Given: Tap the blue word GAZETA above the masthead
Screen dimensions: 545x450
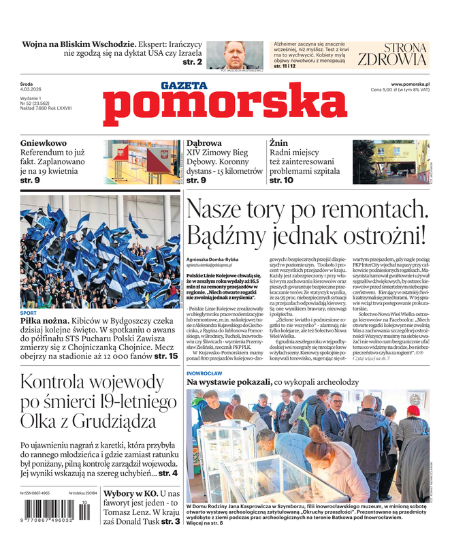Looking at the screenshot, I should (183, 86).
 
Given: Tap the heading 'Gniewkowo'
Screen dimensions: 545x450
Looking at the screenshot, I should (44, 144).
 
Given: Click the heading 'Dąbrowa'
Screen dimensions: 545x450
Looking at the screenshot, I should (204, 144).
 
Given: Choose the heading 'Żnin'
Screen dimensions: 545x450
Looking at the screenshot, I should (278, 144).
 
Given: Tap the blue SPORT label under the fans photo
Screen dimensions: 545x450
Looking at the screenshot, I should (29, 313).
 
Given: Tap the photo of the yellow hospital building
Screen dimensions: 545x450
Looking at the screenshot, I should (390, 162).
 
